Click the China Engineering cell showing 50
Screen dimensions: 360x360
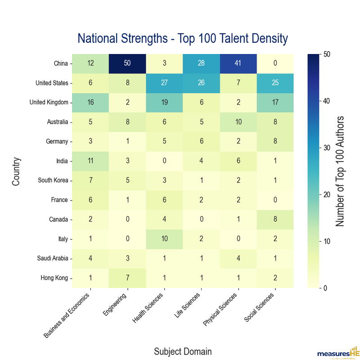[127, 63]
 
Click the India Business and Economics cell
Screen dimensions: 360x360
[90, 161]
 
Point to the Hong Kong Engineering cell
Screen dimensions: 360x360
[127, 278]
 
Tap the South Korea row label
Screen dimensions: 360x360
[53, 180]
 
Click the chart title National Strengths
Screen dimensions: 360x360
[182, 38]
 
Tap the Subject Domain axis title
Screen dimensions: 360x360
[182, 351]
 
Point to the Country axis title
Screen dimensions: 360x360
[16, 171]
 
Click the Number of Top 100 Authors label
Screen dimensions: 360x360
[341, 171]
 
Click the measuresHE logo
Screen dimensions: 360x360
[337, 353]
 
